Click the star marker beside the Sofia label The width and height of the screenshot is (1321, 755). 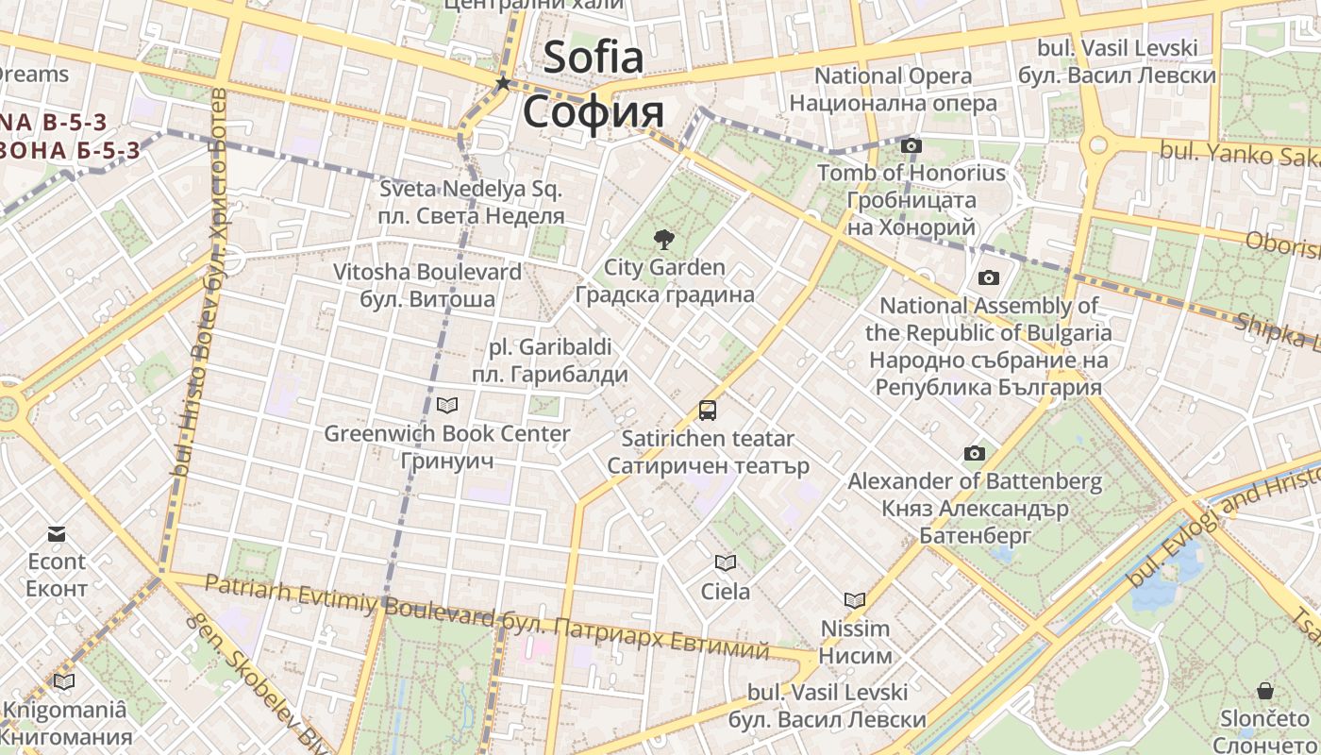point(503,84)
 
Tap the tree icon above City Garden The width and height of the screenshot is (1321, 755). point(664,239)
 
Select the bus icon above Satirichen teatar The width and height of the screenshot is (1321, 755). point(708,411)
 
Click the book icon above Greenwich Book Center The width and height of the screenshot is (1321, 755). point(447,406)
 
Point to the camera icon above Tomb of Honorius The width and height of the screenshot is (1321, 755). point(911,145)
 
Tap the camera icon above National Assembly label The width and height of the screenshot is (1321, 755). point(988,277)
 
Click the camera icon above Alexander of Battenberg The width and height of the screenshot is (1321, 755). point(975,454)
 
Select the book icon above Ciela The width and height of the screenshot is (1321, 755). point(725,563)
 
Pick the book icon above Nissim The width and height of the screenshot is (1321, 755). point(855,600)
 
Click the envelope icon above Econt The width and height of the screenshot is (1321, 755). point(57,534)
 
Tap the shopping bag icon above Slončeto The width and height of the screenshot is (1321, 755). point(1264,690)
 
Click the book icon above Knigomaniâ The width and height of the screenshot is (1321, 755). point(64,681)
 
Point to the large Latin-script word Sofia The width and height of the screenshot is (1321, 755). point(594,58)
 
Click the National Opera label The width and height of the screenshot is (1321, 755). point(893,75)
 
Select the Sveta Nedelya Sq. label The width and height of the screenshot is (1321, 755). point(471,189)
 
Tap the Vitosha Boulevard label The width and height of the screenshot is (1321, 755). point(426,272)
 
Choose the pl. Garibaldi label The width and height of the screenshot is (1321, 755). point(549,346)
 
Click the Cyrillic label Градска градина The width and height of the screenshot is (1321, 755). point(664,294)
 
